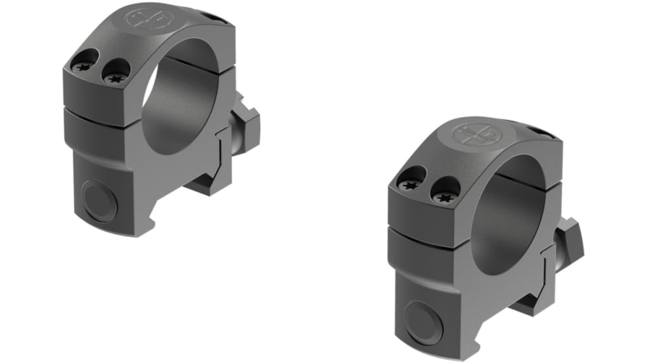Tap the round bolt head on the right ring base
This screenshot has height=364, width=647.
(423, 322)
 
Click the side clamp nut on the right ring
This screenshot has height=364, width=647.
(571, 241)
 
